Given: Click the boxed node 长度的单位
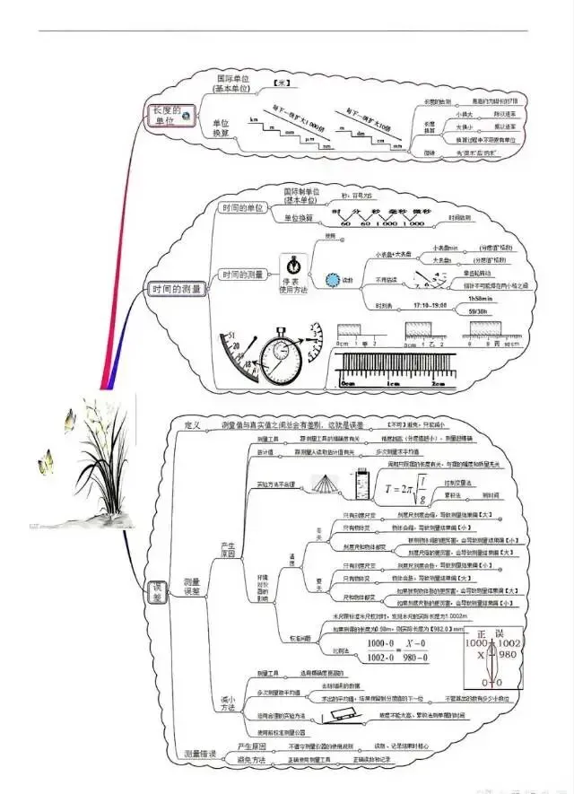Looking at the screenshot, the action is [x=170, y=116].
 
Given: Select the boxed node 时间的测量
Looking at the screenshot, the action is [x=178, y=289].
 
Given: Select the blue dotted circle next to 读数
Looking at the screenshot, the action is [x=334, y=279].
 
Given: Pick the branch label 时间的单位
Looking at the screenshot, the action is [x=243, y=208].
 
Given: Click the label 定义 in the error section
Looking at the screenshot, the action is [x=192, y=423].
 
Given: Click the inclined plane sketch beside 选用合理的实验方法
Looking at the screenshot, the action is [x=344, y=715].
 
